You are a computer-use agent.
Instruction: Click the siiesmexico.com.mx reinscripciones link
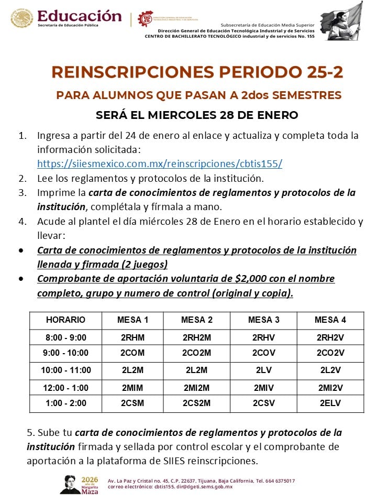[x=160, y=163]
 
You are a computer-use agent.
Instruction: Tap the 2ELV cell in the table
[x=330, y=403]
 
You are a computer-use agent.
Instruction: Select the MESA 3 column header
[x=264, y=320]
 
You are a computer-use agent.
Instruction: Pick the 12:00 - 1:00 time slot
[x=66, y=388]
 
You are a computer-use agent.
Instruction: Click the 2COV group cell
[x=264, y=353]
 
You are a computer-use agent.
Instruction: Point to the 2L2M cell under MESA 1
[x=132, y=370]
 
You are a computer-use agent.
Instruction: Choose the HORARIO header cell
[x=66, y=320]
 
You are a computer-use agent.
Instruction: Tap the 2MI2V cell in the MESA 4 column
[x=330, y=388]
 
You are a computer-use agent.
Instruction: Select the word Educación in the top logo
[x=80, y=16]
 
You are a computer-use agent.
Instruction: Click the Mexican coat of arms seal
[x=21, y=18]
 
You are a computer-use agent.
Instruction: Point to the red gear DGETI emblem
[x=146, y=19]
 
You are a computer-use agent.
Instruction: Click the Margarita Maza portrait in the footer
[x=69, y=484]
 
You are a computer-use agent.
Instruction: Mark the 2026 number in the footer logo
[x=90, y=479]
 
